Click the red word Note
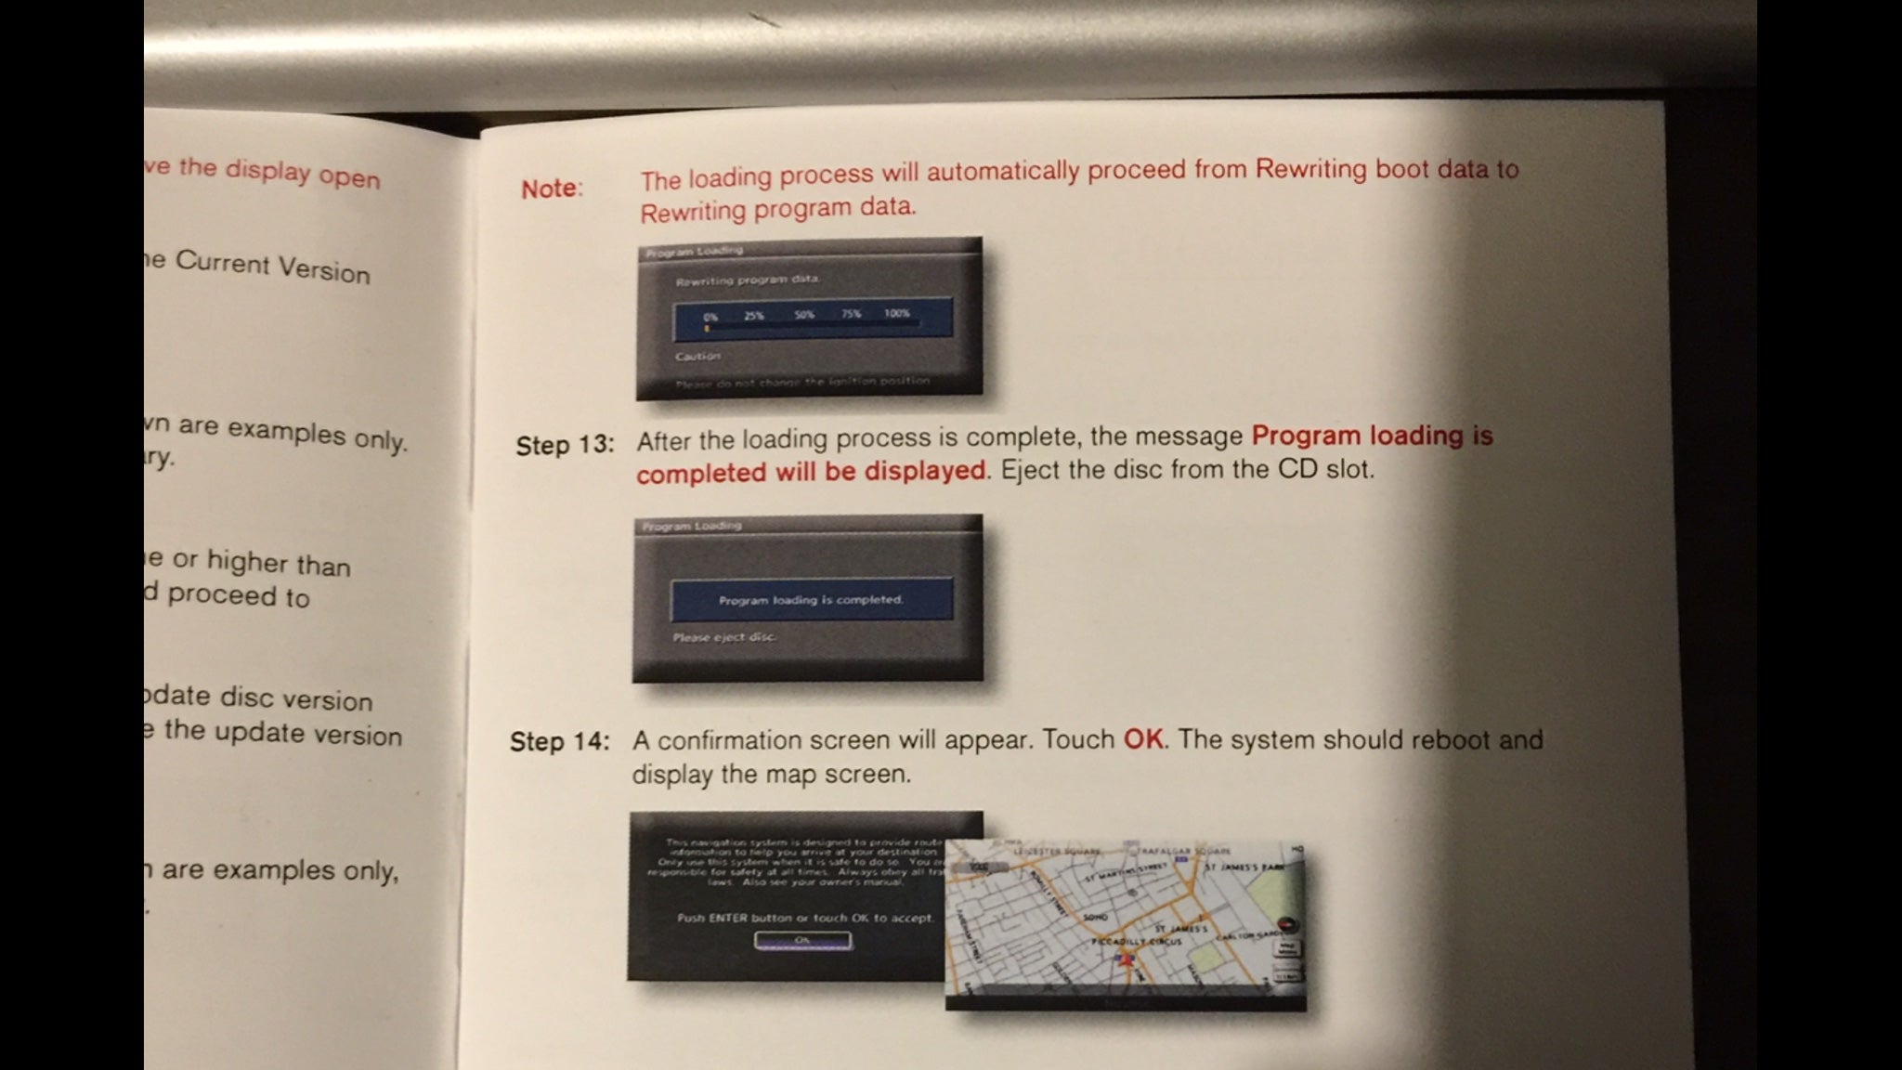pos(550,189)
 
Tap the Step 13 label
pos(565,445)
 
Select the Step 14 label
pos(560,742)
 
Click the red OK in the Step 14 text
pos(1143,739)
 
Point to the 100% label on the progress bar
pos(896,314)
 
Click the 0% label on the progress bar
pos(710,317)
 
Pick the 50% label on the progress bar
pos(804,315)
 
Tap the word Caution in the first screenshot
pos(698,356)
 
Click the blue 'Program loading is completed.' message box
pos(811,600)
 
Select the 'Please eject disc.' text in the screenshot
pos(724,637)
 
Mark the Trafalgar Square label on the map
pos(1179,851)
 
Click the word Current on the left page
pos(222,263)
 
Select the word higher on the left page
pos(246,562)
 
